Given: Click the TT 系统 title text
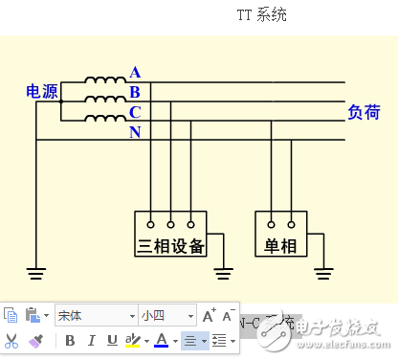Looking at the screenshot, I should (261, 15).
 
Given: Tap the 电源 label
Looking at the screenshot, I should (42, 92).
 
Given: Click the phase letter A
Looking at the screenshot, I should (135, 73).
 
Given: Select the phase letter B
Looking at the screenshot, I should (135, 92).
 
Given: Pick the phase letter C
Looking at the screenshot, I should (135, 111).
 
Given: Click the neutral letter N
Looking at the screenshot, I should (135, 131).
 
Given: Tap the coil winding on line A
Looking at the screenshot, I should (103, 81).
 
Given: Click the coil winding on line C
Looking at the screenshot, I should (103, 119).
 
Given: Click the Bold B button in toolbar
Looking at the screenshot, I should (70, 340).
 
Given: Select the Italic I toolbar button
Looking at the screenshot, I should (91, 340).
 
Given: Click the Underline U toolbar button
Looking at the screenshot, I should (112, 340).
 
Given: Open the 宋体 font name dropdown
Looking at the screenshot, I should (96, 315).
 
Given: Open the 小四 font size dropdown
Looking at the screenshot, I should (167, 315).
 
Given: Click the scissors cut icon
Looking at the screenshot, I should (11, 340).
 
